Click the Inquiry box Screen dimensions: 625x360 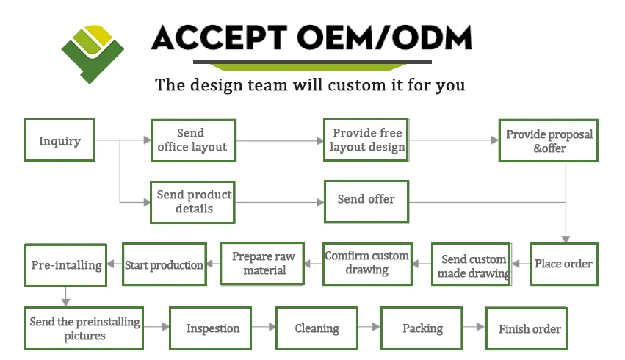coord(59,140)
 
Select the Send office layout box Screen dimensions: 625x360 coord(194,141)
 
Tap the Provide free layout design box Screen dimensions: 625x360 coord(366,140)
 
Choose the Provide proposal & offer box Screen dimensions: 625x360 coord(549,141)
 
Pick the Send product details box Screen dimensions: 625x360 coord(192,202)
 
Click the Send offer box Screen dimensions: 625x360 coord(366,202)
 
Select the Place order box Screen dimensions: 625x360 coord(564,264)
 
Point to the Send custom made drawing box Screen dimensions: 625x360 coord(472,264)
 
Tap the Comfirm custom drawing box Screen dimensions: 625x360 coord(367,264)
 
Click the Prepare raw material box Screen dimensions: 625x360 coord(262,264)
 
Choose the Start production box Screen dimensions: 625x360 coord(165,264)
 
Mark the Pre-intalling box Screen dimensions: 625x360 coord(66,265)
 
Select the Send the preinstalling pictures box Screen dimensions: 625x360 coord(84,328)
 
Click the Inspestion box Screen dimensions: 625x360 coord(211,328)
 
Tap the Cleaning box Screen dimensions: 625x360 coord(317,328)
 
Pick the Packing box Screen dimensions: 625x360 coord(422,328)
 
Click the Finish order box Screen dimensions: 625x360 coord(527,328)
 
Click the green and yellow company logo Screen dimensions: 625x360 coord(93,54)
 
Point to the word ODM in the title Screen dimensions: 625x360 coord(432,38)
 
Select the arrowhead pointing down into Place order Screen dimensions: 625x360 coord(566,240)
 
